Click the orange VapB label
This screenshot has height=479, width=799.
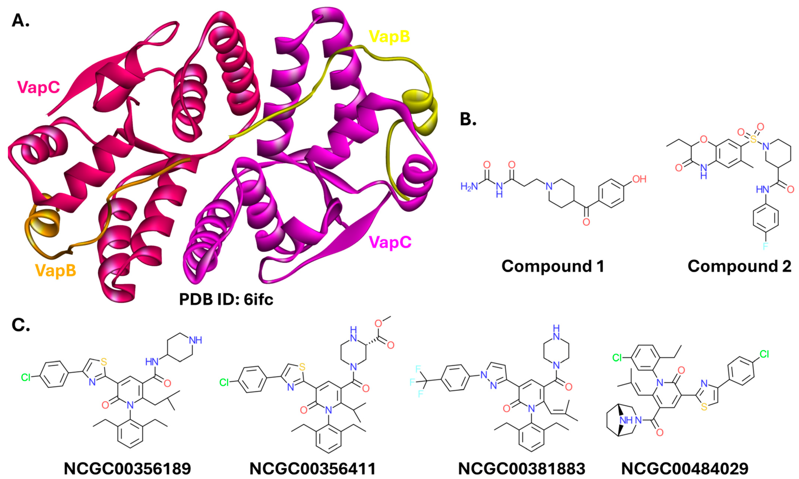[x=55, y=271]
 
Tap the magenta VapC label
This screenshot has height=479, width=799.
[x=390, y=242]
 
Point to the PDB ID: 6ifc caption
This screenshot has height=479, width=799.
[x=226, y=299]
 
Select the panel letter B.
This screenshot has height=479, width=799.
[x=468, y=119]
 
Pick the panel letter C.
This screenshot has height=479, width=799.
[x=21, y=325]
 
